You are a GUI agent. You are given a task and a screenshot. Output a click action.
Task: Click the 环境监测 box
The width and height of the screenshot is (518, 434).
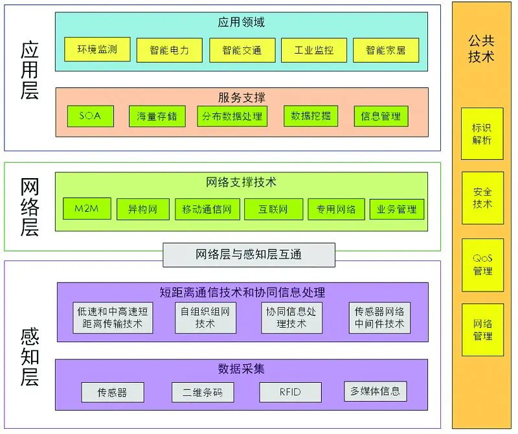tap(97, 49)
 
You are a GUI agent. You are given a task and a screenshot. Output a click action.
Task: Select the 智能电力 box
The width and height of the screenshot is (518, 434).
tap(169, 50)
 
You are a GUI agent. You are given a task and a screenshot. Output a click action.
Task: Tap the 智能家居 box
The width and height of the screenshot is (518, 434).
tap(385, 50)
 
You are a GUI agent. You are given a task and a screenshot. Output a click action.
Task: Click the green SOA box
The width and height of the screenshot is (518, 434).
tap(91, 116)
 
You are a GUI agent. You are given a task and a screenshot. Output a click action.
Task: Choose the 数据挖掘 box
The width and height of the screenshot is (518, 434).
tap(311, 116)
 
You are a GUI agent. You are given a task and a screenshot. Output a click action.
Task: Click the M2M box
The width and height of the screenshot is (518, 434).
tap(87, 209)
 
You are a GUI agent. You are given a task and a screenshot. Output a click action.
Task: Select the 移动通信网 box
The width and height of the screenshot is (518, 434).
tap(207, 209)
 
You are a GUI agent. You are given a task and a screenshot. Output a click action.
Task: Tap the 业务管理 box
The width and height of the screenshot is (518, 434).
tap(396, 209)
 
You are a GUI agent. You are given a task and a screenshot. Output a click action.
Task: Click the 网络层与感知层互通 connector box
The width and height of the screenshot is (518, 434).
tap(249, 255)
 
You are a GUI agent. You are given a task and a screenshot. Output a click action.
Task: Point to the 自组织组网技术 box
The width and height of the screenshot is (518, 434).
tap(205, 317)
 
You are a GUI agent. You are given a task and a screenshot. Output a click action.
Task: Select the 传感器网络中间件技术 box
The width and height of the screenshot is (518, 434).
tap(379, 317)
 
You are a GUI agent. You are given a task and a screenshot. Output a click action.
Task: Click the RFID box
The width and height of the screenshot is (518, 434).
tap(290, 392)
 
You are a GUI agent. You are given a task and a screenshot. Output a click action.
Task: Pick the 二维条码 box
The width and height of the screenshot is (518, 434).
tap(203, 393)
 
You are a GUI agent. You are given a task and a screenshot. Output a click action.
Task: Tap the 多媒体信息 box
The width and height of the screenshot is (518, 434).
tap(375, 391)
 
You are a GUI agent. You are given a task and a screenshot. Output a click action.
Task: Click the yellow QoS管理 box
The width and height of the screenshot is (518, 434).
tap(482, 264)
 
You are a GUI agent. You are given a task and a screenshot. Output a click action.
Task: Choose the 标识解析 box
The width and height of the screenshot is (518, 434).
tap(482, 133)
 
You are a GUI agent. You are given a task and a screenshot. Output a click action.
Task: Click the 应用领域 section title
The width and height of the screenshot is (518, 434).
tap(241, 23)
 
